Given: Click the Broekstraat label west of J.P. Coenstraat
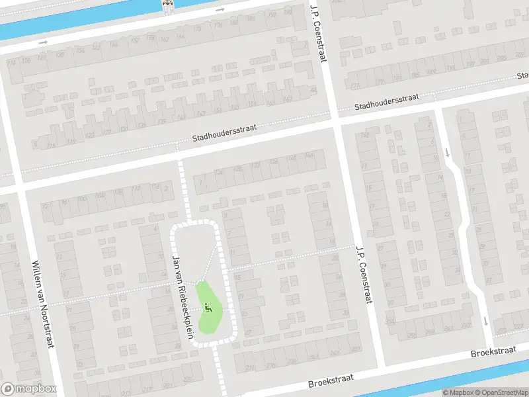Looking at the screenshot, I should [331, 380].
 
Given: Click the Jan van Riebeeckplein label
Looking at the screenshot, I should [182, 296].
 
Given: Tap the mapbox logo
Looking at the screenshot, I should [28, 389].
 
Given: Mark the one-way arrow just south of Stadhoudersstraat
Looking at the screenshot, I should [448, 152].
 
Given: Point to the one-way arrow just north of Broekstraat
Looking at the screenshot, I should [485, 322].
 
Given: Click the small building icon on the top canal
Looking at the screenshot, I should [169, 5].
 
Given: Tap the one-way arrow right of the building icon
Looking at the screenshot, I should [220, 9].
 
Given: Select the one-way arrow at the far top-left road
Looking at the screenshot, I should [44, 42].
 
